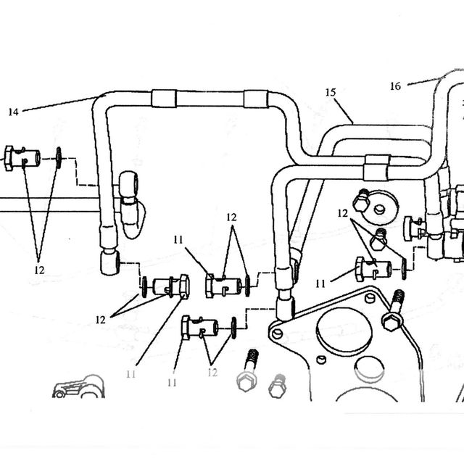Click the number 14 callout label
[x=13, y=112]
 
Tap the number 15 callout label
[x=331, y=92]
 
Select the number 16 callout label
[x=395, y=86]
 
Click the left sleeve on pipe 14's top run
[x=164, y=99]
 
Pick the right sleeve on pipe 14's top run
[x=256, y=99]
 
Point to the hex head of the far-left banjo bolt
[x=9, y=158]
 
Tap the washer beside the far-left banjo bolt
[x=59, y=158]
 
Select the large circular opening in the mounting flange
[x=344, y=329]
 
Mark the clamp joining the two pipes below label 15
[x=376, y=167]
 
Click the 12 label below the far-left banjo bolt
[x=39, y=270]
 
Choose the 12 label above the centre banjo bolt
[x=232, y=217]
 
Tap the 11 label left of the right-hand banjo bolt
[x=320, y=284]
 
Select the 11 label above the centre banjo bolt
[x=178, y=240]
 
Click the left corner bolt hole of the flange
[x=277, y=334]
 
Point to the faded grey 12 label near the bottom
[x=212, y=373]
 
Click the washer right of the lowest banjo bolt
[x=233, y=328]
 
